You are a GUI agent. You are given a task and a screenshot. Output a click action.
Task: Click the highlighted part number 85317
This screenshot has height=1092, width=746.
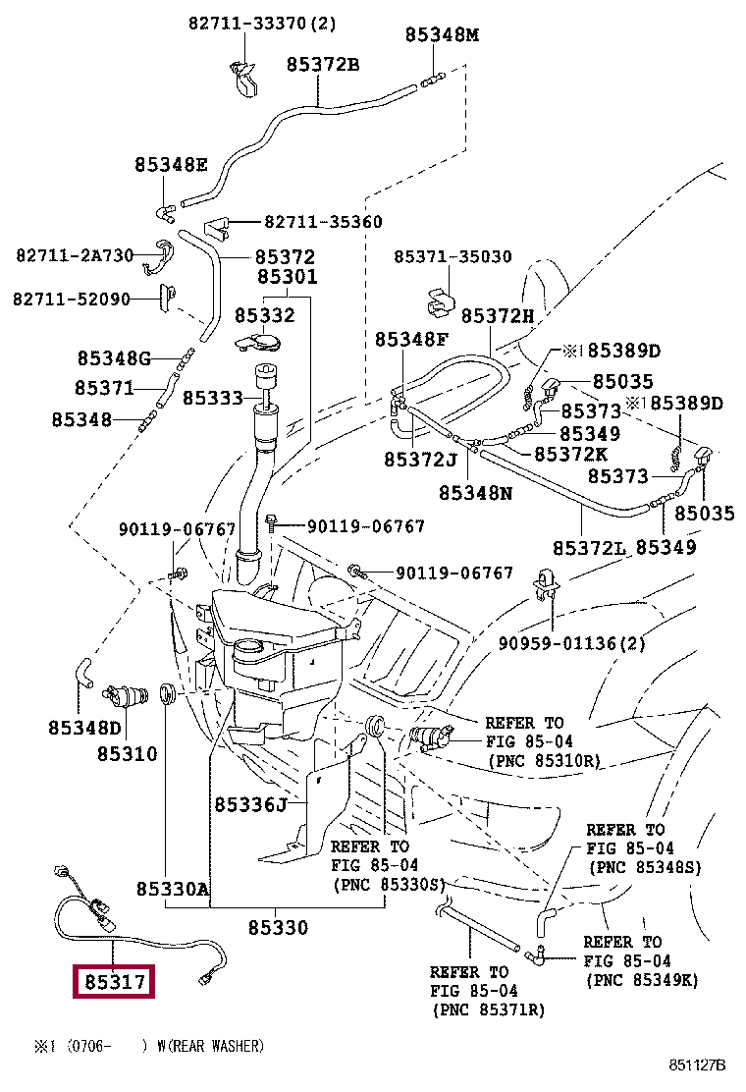coord(115,981)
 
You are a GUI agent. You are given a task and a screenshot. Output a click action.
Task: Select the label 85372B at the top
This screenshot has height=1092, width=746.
coord(323,65)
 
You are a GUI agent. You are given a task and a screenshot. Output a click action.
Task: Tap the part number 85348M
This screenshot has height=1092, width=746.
coord(442,35)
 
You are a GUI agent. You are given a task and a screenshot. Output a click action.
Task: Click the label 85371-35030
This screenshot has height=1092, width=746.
coord(453,257)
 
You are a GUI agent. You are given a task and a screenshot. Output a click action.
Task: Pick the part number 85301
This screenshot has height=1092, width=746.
coord(288,278)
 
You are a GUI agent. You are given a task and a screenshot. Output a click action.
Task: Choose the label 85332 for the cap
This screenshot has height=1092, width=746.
coord(264,315)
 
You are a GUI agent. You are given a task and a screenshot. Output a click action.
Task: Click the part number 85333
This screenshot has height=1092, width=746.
coord(212,398)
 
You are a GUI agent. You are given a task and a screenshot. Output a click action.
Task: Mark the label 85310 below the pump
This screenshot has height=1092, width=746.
coord(127,754)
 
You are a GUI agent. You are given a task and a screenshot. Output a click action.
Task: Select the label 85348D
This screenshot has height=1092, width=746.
coord(83,728)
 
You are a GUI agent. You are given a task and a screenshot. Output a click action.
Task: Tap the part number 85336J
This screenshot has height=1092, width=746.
coord(250,805)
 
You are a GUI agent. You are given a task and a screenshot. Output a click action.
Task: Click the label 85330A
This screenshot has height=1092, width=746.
coord(173,890)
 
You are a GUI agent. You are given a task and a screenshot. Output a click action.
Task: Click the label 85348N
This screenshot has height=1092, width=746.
coord(475,493)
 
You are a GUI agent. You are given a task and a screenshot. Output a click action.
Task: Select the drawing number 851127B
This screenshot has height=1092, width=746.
coord(697,1065)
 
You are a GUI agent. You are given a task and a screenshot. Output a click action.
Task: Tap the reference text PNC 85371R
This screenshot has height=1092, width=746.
coord(487,1010)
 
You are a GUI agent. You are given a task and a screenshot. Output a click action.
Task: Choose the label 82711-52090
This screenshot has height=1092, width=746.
coord(72,299)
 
